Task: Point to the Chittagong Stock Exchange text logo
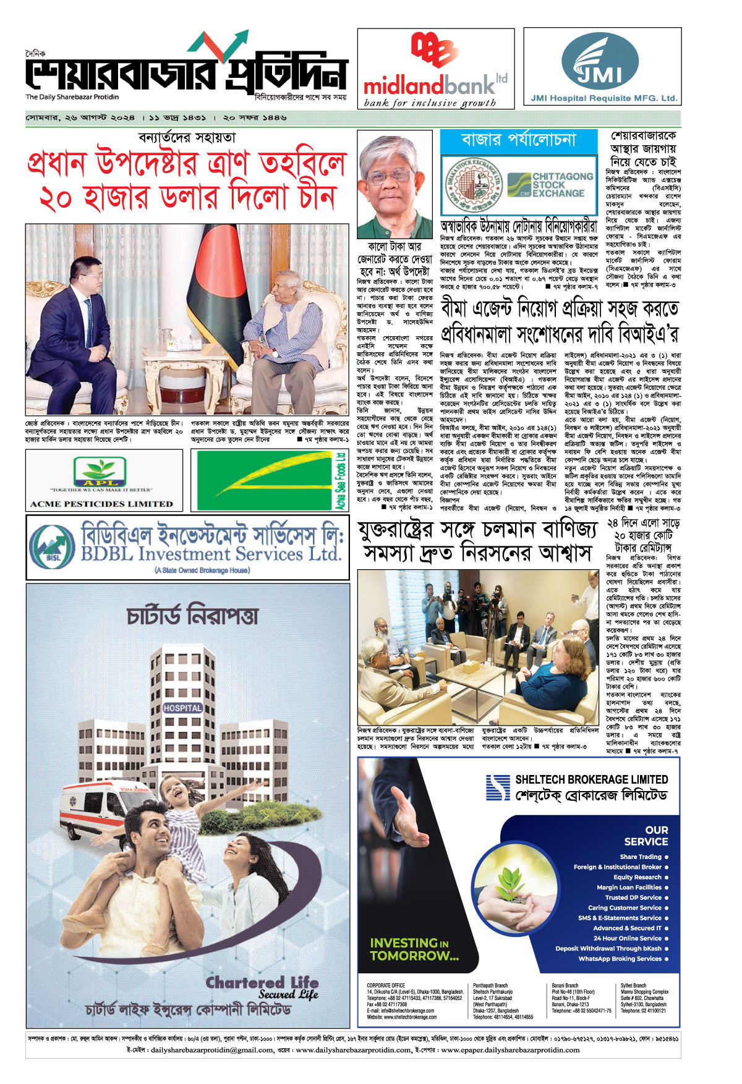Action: point(550,185)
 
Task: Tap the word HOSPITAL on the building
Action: point(182,708)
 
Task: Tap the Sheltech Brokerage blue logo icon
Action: point(498,787)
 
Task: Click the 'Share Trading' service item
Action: point(641,857)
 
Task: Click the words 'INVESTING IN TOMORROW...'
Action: point(414,949)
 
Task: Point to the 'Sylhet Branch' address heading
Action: point(633,986)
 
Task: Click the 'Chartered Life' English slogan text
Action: point(262,983)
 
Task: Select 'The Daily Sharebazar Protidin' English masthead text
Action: point(72,97)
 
